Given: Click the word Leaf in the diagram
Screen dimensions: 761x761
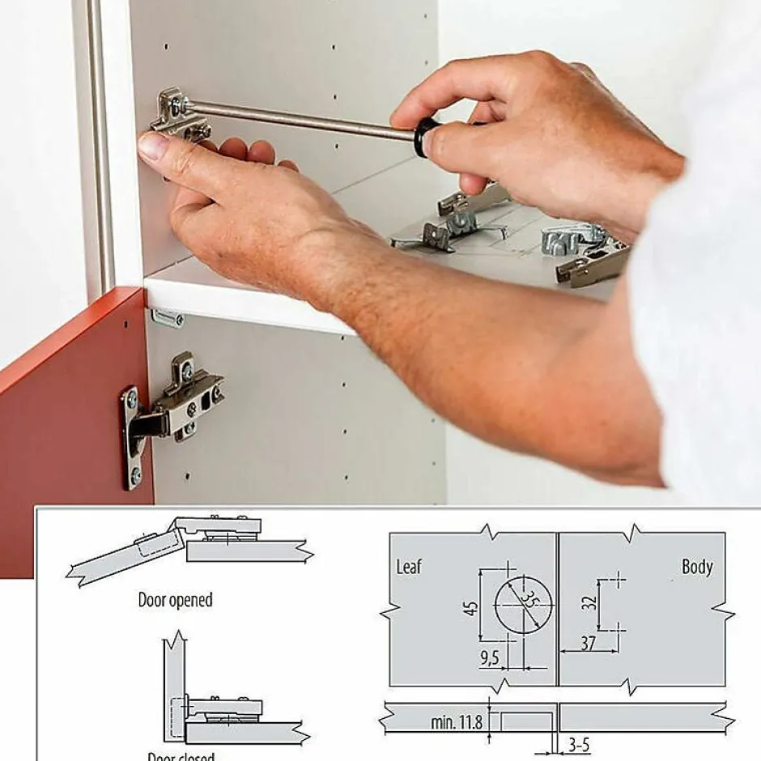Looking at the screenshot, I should (x=409, y=567).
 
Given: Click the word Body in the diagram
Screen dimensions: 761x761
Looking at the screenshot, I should (x=696, y=567).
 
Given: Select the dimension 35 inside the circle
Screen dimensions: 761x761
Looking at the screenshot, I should (x=529, y=601).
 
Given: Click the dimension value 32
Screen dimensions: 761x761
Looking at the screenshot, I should (x=590, y=602).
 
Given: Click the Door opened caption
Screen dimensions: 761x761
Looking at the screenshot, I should (x=175, y=600).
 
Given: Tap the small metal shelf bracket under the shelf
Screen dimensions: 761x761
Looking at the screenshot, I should (x=168, y=318).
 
